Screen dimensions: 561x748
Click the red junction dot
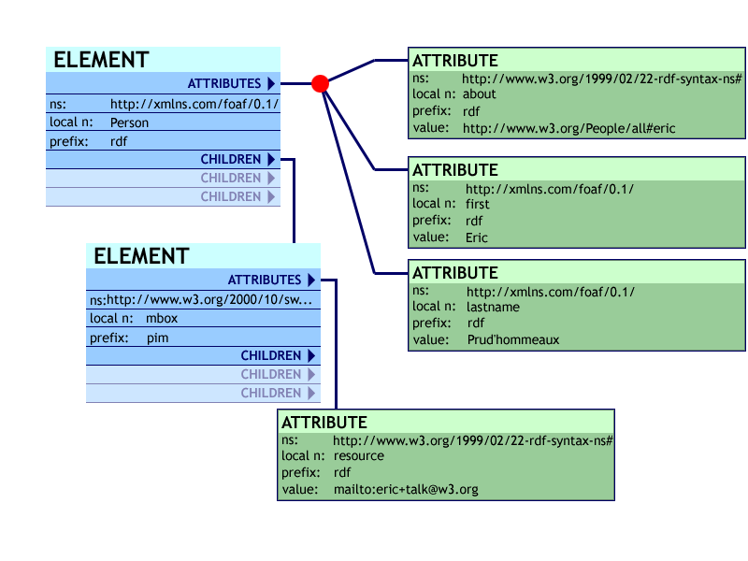point(320,84)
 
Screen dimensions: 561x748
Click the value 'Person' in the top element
point(129,122)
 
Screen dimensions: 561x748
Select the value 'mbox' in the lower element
point(162,319)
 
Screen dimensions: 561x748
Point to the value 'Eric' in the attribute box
point(477,237)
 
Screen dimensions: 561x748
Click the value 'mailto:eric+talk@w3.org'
point(406,489)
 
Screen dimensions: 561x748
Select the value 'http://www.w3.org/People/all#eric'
point(568,128)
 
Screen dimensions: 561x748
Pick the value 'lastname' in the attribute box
point(492,306)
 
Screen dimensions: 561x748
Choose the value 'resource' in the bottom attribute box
point(359,455)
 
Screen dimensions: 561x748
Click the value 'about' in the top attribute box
point(480,94)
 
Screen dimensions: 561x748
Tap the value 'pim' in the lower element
point(157,338)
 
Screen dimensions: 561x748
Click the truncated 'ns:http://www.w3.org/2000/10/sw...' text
point(201,300)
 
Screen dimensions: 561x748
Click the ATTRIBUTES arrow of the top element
point(270,84)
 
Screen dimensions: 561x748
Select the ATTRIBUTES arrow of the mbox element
point(310,280)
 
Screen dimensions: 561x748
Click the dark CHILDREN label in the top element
point(231,159)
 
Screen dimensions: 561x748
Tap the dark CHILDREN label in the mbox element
point(271,355)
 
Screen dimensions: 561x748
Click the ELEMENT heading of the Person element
point(101,60)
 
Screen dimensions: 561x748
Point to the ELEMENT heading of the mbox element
point(141,256)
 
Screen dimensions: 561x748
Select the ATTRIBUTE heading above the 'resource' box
point(324,423)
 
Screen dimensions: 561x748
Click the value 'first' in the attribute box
point(478,204)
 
